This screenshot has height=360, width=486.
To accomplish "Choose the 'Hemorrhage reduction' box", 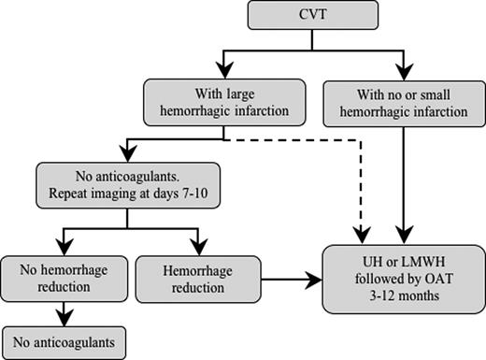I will click(194, 278).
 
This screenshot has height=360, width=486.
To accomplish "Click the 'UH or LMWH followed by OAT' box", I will click(402, 278).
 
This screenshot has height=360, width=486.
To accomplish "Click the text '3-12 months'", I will click(403, 295).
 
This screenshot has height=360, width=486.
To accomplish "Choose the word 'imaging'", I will click(117, 196).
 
